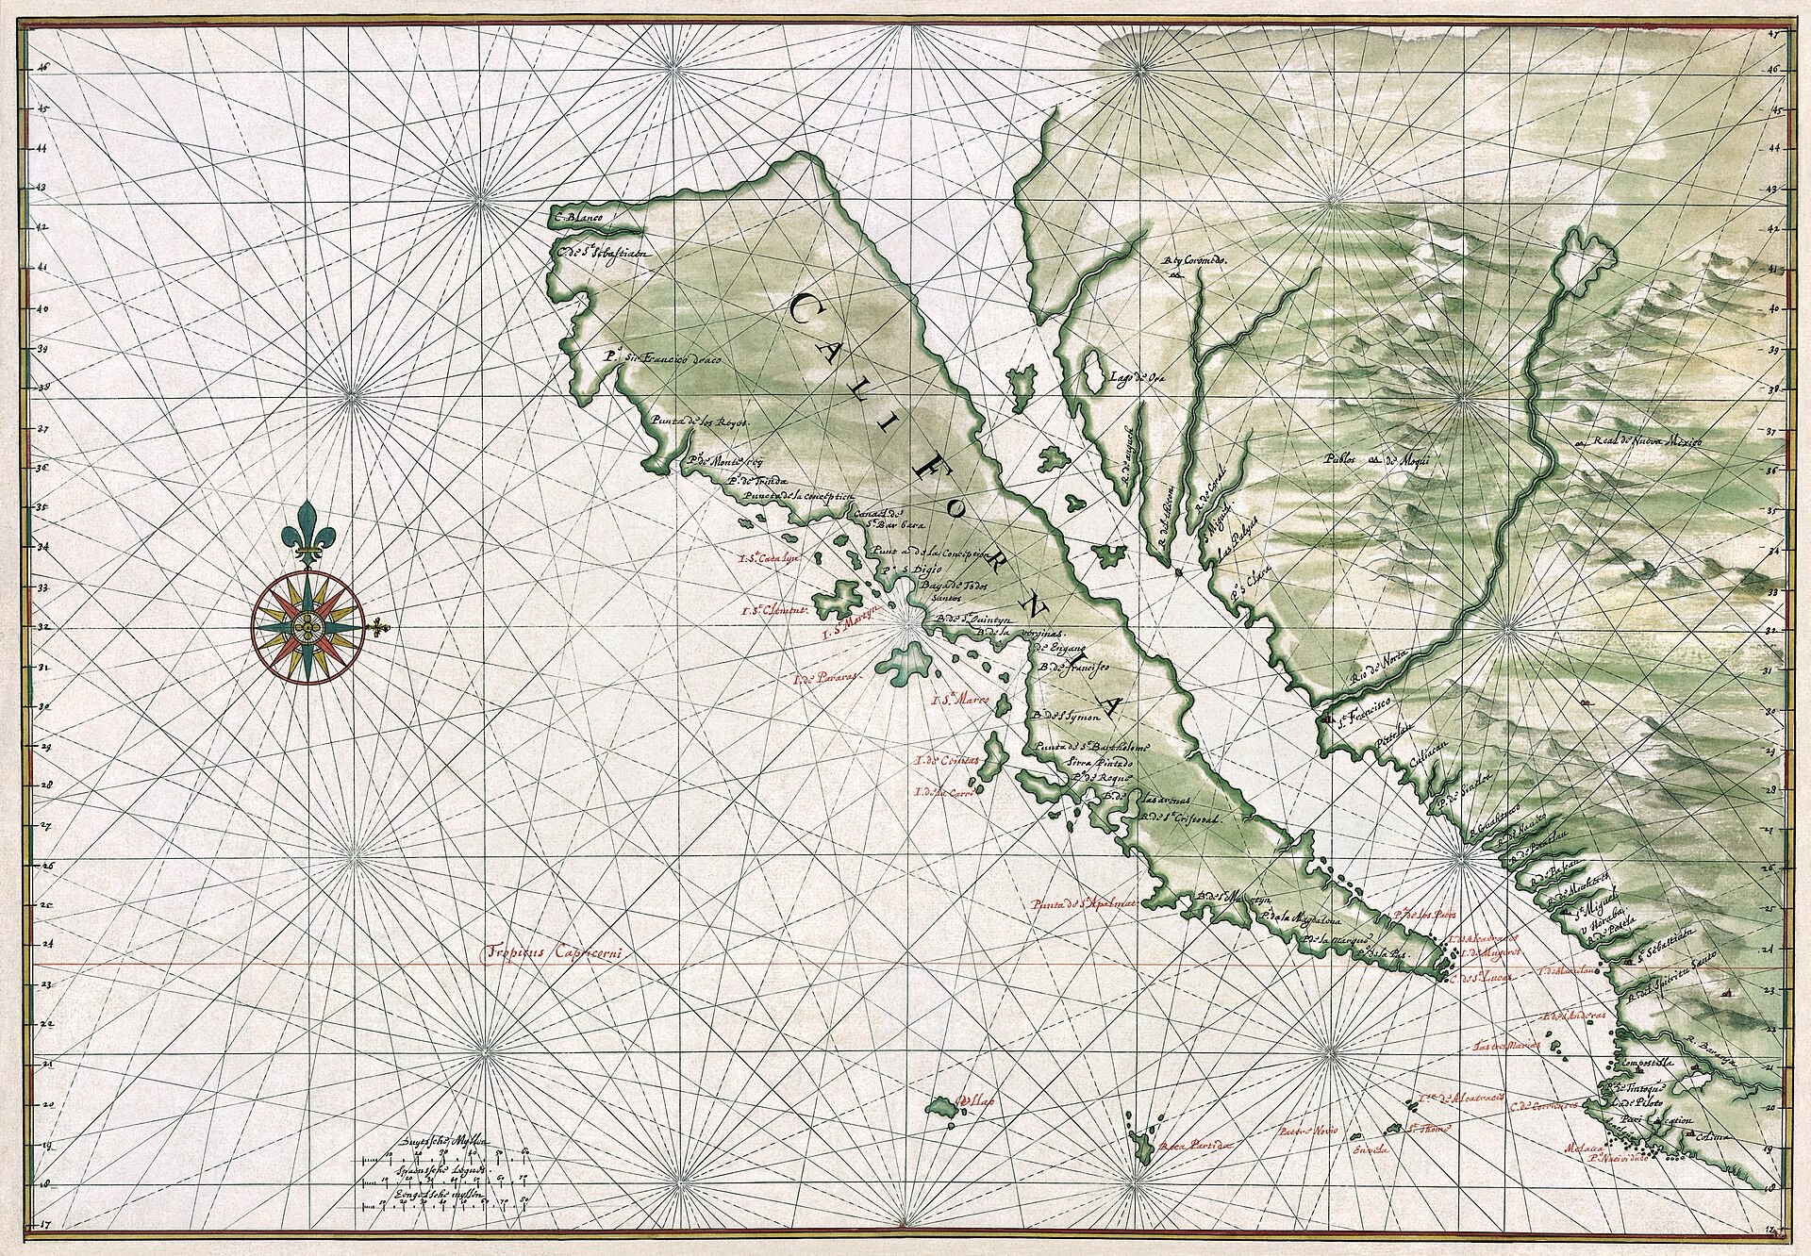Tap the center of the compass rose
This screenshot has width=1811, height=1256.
pos(308,625)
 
